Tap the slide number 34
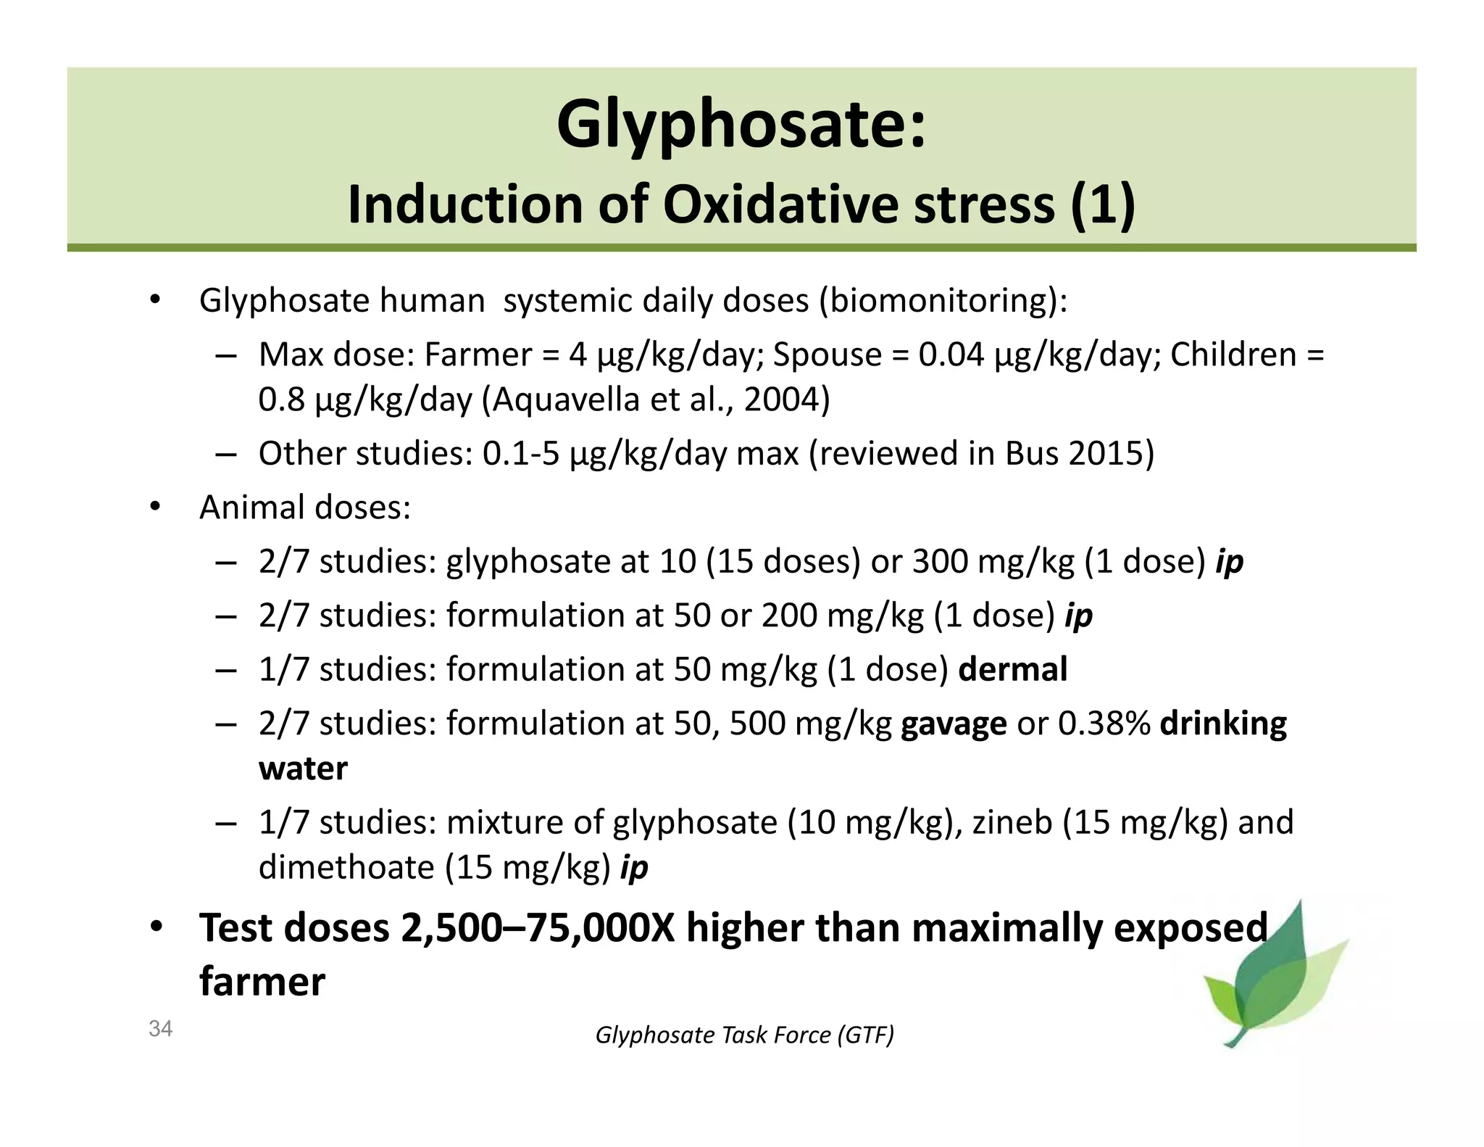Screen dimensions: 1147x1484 pos(160,1028)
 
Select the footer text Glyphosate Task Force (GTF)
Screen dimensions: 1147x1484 pos(744,1035)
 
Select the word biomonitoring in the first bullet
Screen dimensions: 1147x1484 pos(938,301)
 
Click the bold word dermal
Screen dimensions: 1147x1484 pos(1012,669)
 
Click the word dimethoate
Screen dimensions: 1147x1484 pos(346,867)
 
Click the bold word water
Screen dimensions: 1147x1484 pos(303,769)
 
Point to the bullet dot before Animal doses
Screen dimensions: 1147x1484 pos(154,507)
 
